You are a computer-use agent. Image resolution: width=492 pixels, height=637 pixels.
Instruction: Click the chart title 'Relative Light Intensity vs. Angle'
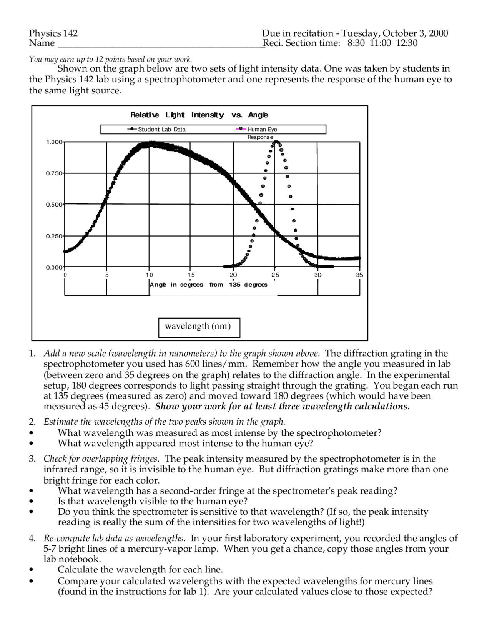click(199, 115)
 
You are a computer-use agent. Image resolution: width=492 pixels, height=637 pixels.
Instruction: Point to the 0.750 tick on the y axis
click(54, 173)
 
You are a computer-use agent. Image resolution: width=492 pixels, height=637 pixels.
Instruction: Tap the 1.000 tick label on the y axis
click(54, 142)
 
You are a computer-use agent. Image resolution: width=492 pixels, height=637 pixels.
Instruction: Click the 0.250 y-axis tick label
click(54, 236)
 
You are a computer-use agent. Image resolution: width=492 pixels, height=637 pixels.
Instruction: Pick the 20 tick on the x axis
click(233, 275)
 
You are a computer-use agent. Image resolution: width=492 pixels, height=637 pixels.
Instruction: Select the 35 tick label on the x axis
click(359, 275)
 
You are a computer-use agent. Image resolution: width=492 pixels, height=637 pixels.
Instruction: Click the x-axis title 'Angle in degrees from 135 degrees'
click(208, 285)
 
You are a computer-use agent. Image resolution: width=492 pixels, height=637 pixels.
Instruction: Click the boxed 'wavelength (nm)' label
click(199, 327)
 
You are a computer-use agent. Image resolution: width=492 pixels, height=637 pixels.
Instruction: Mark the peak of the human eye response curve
click(276, 142)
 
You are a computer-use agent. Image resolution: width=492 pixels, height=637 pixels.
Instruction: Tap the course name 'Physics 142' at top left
click(53, 33)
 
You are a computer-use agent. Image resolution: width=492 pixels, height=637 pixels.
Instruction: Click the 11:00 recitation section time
click(380, 43)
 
